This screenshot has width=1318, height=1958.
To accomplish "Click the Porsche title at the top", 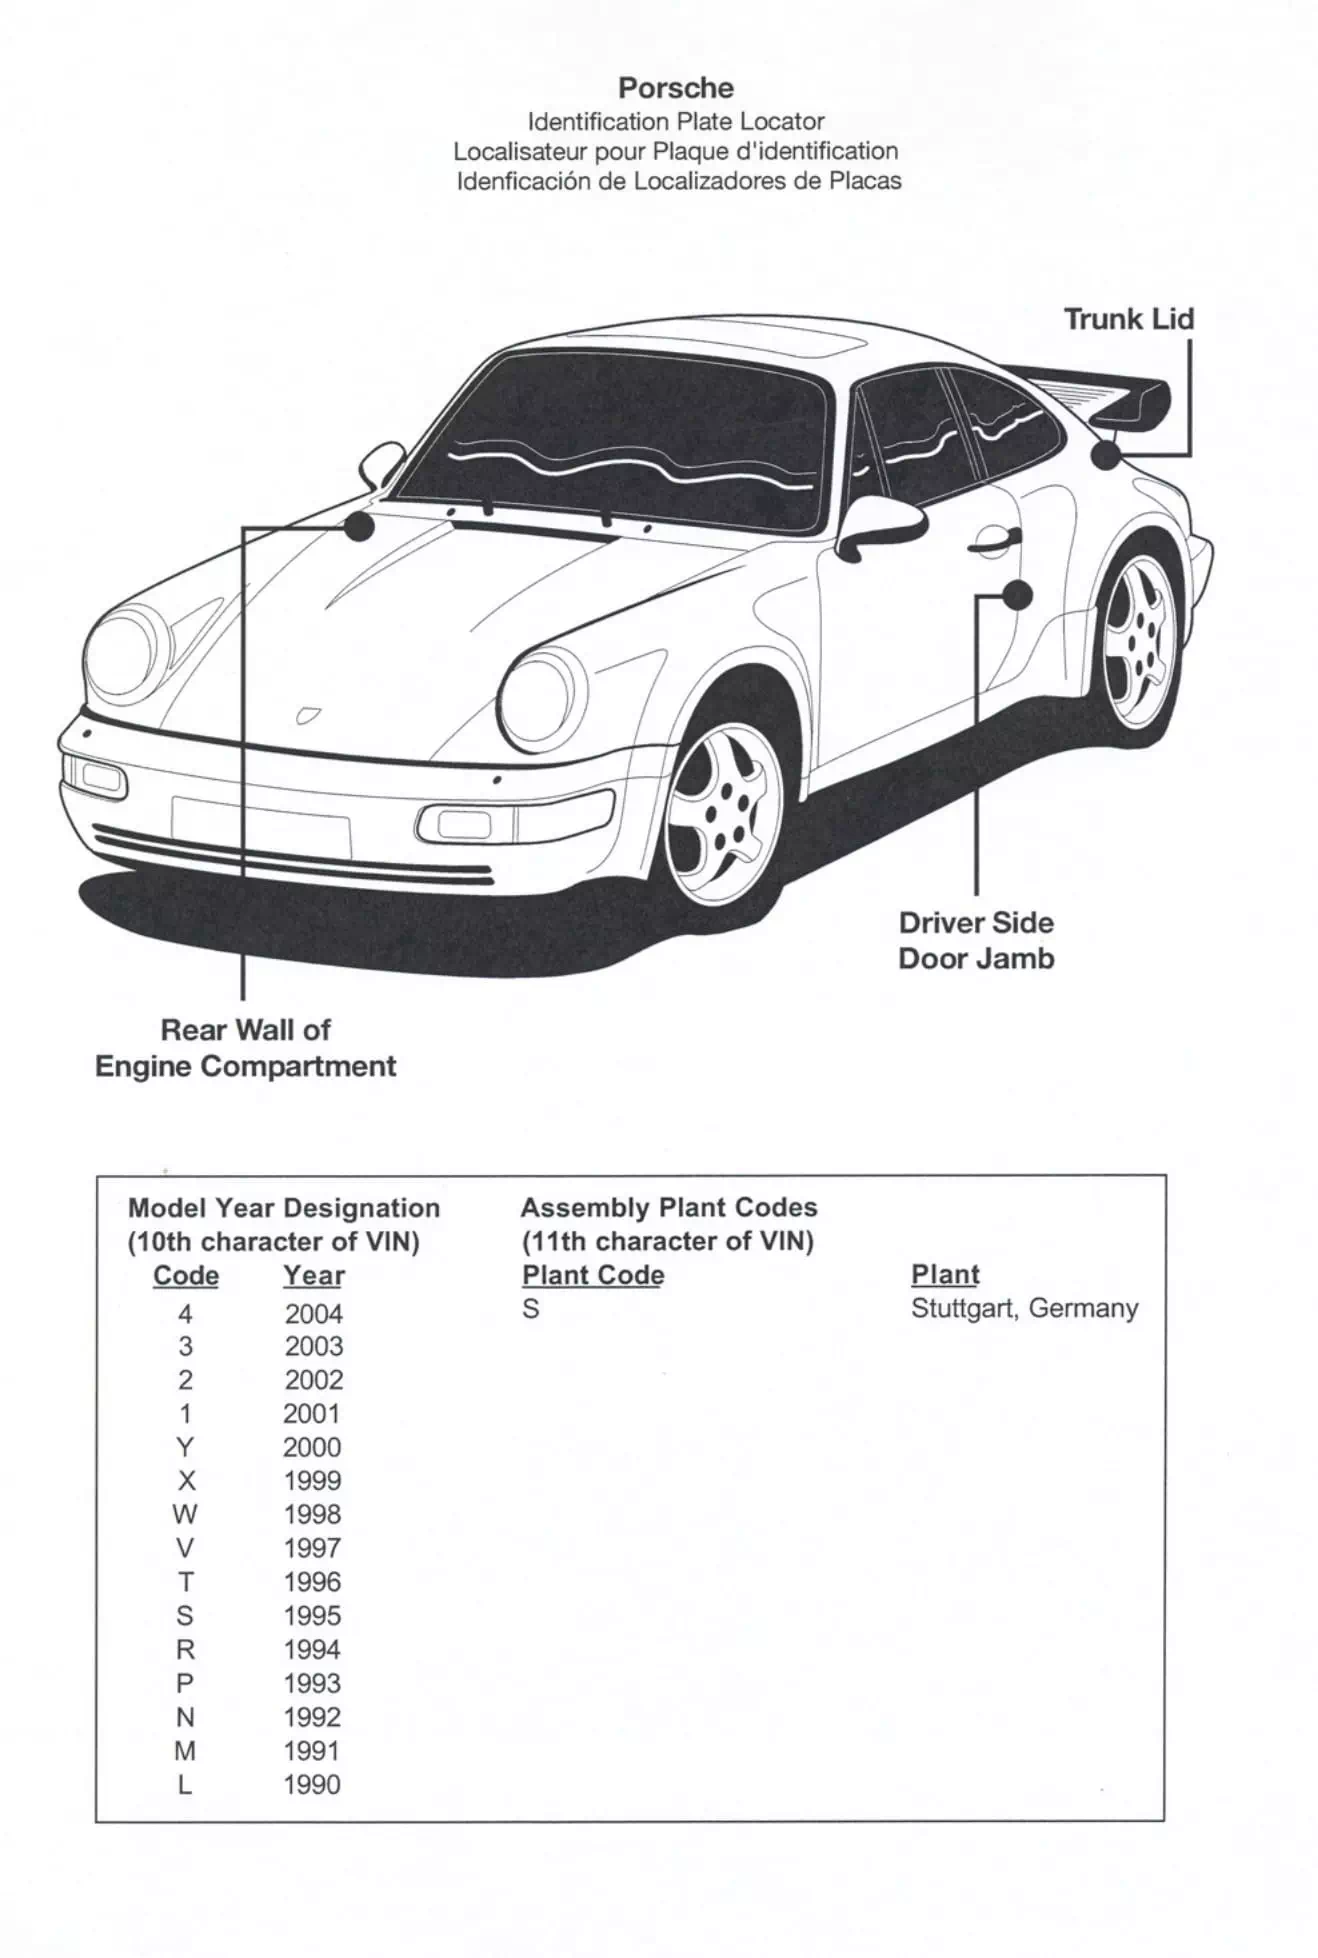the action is click(x=676, y=88).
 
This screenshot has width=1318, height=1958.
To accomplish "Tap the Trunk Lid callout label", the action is click(x=1128, y=319).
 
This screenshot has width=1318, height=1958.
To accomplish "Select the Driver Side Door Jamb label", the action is click(x=976, y=941).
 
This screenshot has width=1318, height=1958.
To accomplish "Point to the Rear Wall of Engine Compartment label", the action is click(x=246, y=1048).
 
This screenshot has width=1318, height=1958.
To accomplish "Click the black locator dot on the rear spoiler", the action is click(x=1105, y=455).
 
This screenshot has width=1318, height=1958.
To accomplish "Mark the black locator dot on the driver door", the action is click(x=1017, y=596).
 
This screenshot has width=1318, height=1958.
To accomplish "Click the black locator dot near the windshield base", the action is click(x=359, y=526).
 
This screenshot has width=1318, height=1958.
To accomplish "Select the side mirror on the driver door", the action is click(x=880, y=526).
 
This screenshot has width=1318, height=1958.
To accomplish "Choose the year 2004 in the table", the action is click(x=313, y=1314).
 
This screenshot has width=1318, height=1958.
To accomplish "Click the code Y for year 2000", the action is click(x=185, y=1447).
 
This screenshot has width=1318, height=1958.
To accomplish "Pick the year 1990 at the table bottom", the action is click(x=312, y=1785).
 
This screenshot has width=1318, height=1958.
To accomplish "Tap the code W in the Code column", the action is click(x=185, y=1514).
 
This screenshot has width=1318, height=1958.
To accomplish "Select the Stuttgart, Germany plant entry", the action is click(x=1025, y=1308).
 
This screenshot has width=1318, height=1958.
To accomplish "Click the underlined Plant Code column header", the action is click(x=593, y=1275).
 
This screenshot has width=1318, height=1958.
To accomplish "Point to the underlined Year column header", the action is click(x=314, y=1276).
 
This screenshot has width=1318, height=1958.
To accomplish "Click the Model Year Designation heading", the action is click(x=284, y=1208).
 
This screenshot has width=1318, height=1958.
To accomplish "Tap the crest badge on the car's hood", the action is click(x=307, y=715).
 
